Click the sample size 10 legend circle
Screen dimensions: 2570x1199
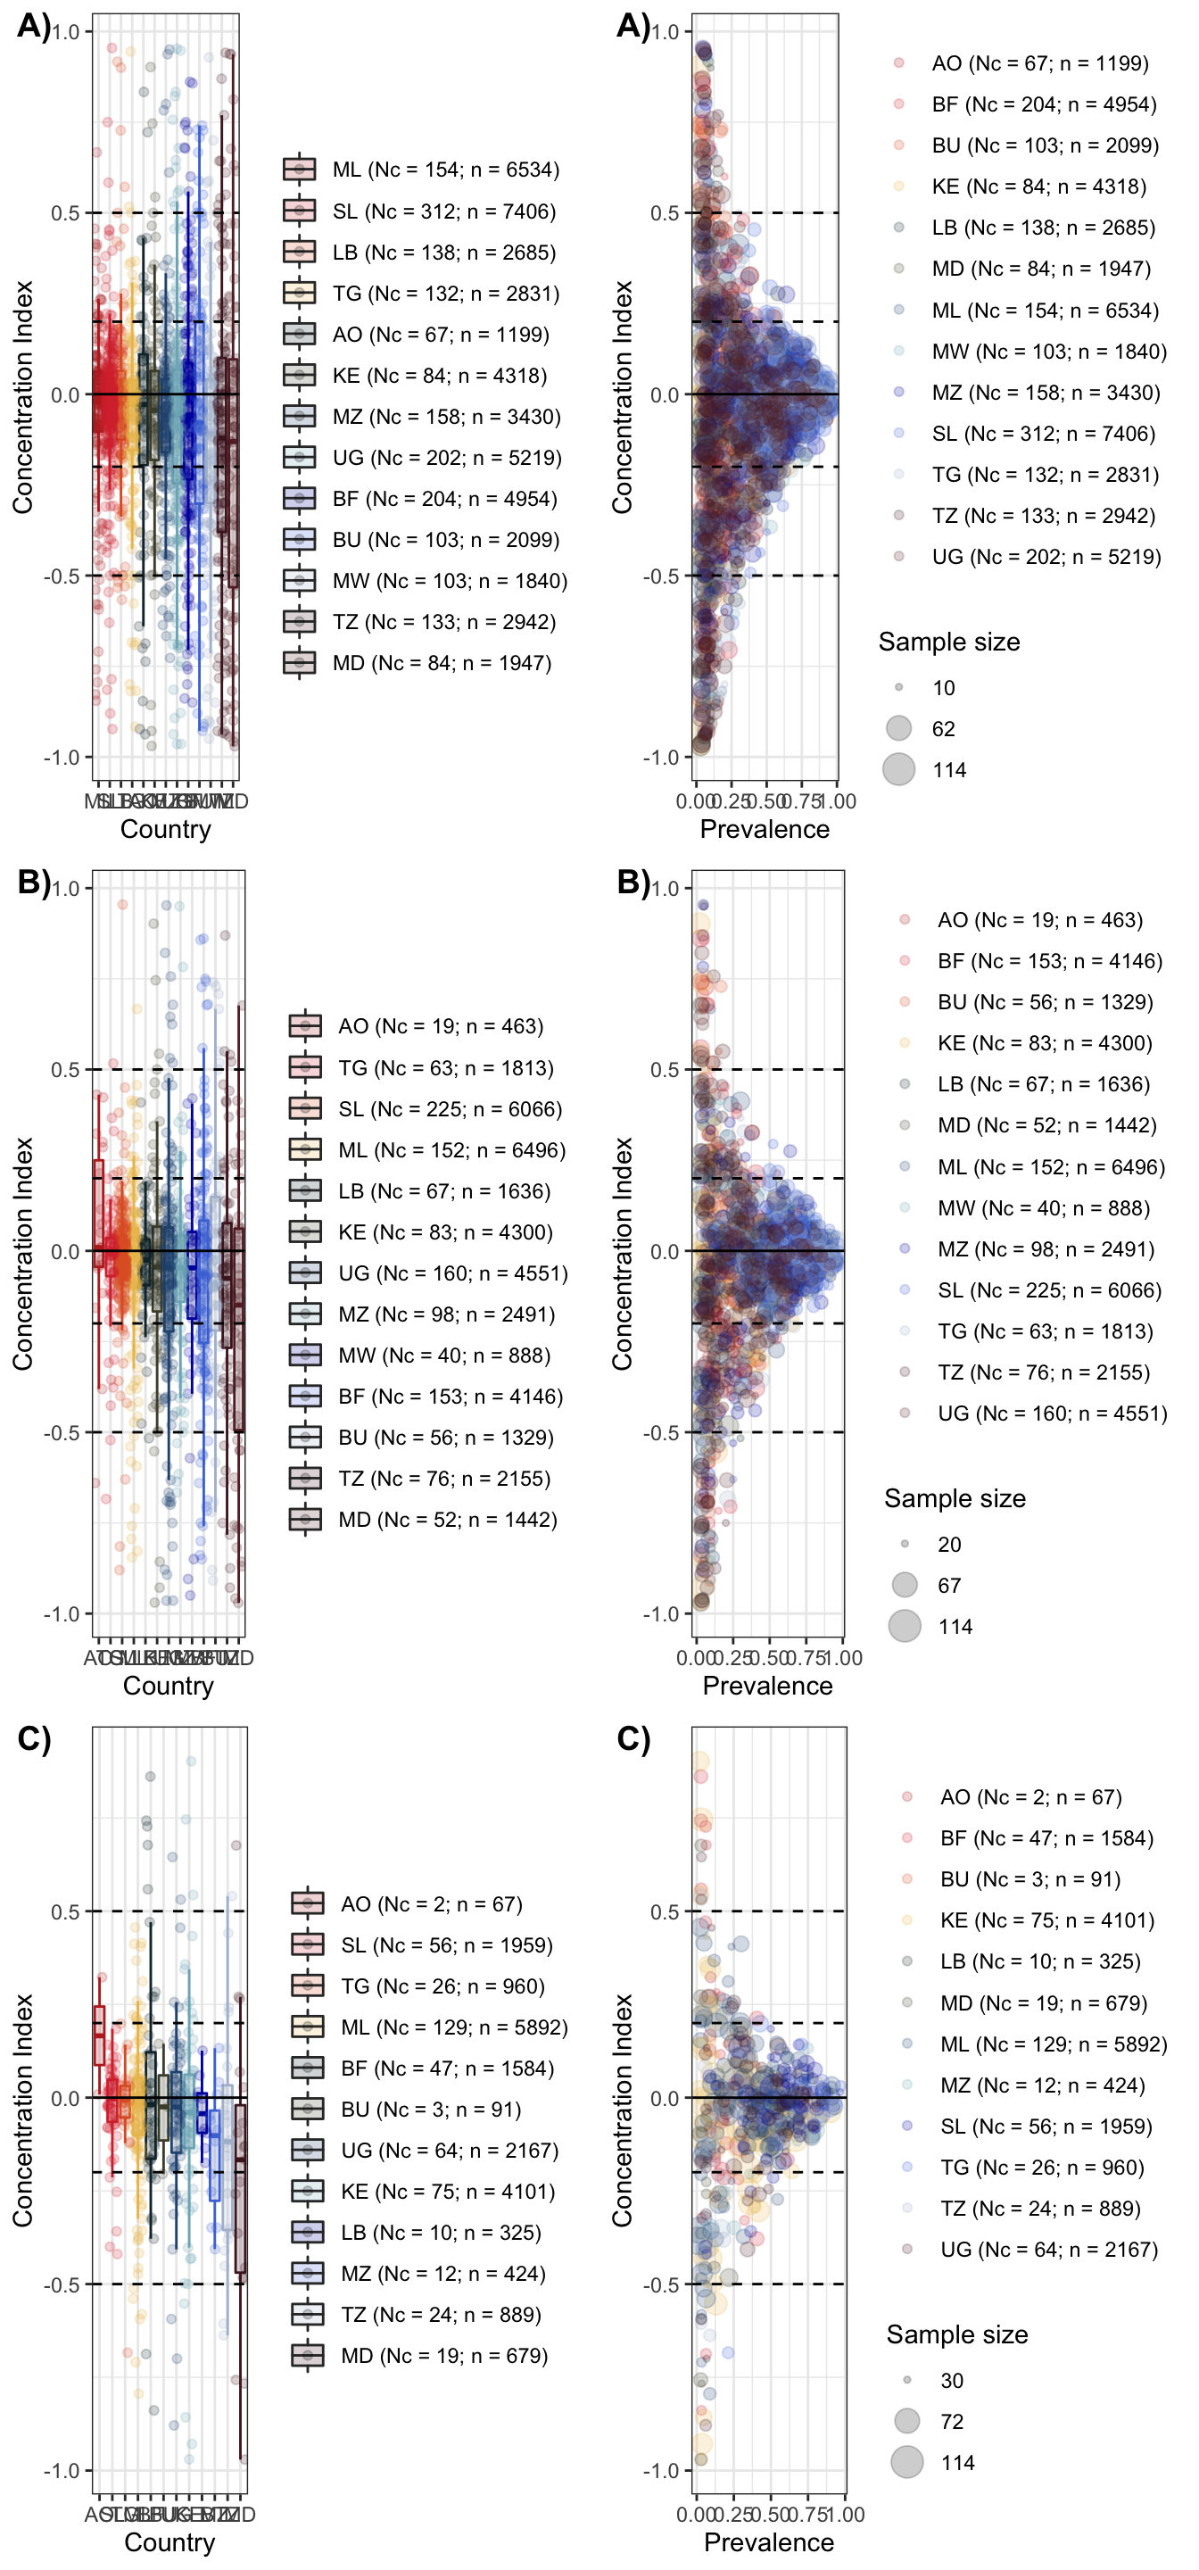coord(898,687)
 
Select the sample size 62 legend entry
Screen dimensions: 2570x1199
coord(898,728)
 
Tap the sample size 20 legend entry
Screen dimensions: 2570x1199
coord(905,1545)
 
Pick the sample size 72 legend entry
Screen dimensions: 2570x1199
coord(906,2421)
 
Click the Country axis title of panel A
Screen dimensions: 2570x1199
coord(166,829)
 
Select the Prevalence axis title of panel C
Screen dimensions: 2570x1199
coord(768,2542)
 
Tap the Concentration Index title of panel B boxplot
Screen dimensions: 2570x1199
coord(23,1253)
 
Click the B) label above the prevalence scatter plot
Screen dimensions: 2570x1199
coord(633,882)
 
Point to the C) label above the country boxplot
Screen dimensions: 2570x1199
coord(34,1739)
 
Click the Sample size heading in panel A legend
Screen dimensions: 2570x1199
coord(948,642)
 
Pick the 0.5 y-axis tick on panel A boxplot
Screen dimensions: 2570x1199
coord(66,213)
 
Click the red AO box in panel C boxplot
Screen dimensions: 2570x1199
coord(99,2035)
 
